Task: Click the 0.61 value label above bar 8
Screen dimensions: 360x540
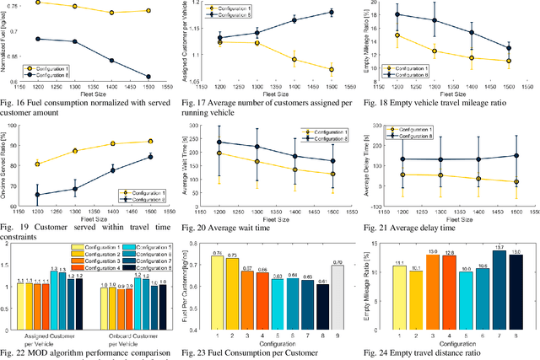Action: pyautogui.click(x=322, y=280)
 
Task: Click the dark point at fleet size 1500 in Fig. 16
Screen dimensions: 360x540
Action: pyautogui.click(x=148, y=77)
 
